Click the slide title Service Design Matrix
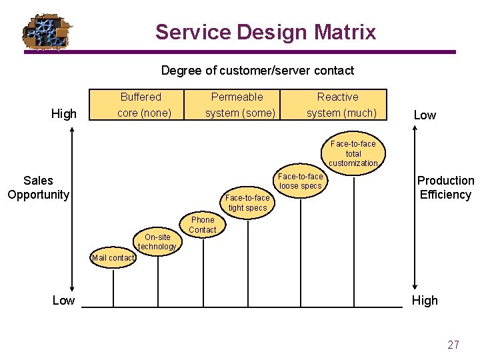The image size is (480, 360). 265,31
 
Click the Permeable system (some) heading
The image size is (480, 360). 240,105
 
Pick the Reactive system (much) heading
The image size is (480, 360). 341,105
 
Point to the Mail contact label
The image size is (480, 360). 113,258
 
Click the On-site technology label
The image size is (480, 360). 157,241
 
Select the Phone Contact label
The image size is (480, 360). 203,225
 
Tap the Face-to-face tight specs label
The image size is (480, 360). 247,203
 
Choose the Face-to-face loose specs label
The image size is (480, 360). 301,181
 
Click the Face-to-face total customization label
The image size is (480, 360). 353,153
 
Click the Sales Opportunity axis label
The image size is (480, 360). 38,187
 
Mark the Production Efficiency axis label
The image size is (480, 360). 445,187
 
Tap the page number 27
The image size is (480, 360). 453,345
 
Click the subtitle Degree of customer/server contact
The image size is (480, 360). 257,70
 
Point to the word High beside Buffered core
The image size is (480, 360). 64,114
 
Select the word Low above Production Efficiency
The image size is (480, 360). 425,115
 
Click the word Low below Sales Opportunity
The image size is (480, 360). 63,300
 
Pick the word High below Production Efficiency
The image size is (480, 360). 425,300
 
